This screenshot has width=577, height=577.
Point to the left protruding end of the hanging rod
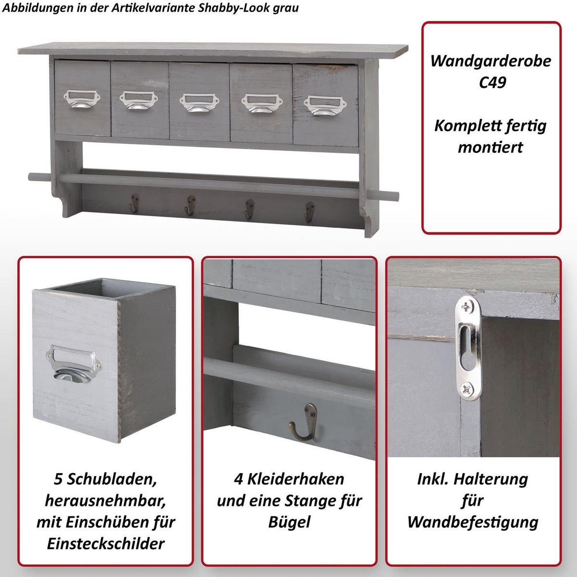click(x=35, y=176)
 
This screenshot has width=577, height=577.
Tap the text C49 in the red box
click(x=492, y=82)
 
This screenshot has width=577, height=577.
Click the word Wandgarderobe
click(x=490, y=61)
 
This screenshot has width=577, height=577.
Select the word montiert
click(x=490, y=147)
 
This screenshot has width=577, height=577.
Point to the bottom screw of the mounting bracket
click(x=467, y=388)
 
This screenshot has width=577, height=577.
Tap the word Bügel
click(x=289, y=522)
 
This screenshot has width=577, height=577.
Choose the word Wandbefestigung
click(x=473, y=522)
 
